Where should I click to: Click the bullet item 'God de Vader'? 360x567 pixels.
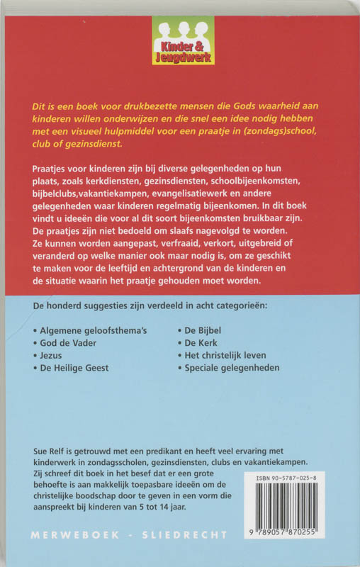point(67,343)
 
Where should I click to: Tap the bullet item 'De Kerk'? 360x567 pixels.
point(201,343)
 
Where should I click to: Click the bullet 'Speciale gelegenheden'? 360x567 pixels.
point(232,369)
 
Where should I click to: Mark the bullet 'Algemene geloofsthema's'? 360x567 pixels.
point(90,330)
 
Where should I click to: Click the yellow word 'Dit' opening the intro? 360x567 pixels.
point(41,104)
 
